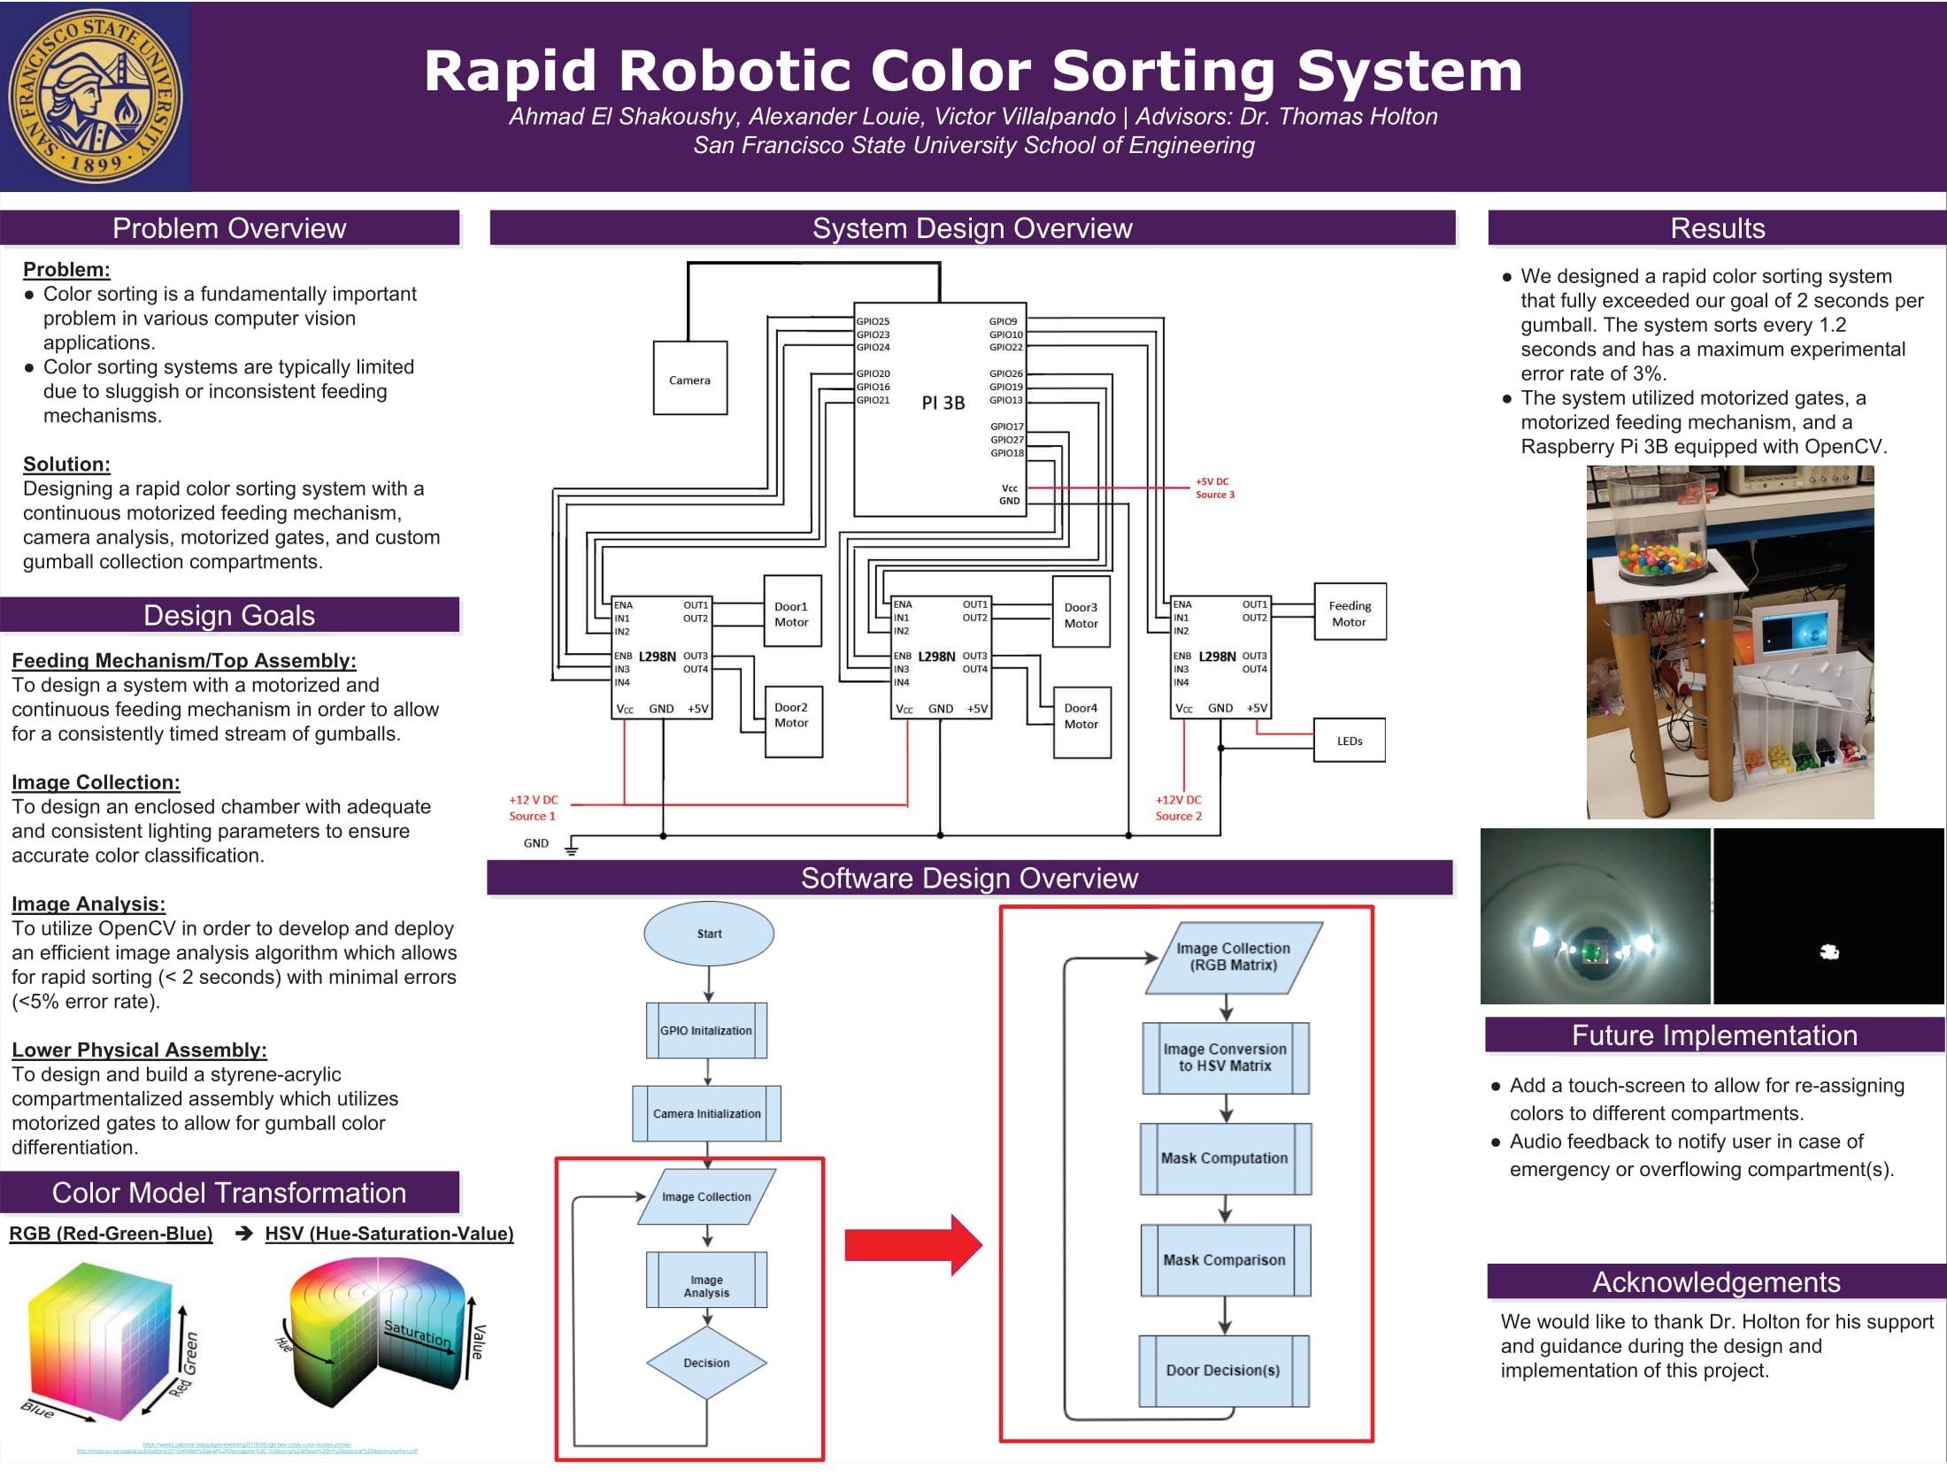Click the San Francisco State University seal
point(95,96)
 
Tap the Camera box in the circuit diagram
point(689,379)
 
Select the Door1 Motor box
point(792,613)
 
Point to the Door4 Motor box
point(1081,716)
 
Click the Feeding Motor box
point(1350,612)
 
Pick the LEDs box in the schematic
point(1350,741)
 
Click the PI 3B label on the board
point(943,403)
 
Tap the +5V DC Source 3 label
point(1214,488)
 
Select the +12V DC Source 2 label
point(1178,808)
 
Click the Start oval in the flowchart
point(709,934)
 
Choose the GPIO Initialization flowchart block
point(706,1031)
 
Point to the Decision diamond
point(706,1363)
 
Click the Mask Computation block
point(1225,1158)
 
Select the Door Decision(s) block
point(1223,1370)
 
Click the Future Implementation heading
point(1714,1035)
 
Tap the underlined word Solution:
point(66,465)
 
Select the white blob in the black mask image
point(1829,952)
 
